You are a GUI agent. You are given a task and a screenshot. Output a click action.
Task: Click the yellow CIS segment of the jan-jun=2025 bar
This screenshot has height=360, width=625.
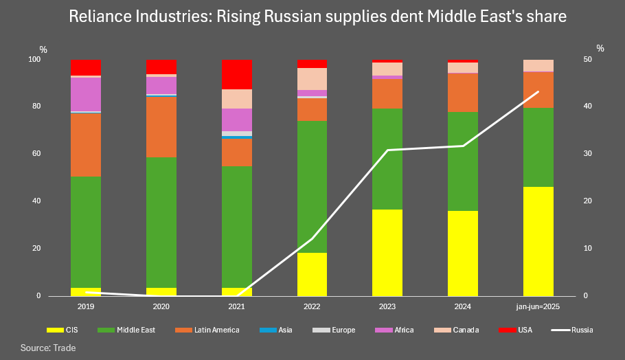click(x=538, y=241)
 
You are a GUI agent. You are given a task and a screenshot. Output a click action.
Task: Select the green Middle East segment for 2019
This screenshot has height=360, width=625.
click(x=86, y=232)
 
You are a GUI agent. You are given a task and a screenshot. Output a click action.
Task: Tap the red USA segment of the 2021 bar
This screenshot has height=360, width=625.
click(x=237, y=74)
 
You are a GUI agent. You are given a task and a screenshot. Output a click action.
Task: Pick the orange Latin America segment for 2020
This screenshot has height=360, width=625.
click(x=161, y=127)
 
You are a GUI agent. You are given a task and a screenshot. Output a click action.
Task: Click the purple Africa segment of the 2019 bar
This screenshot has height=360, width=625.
click(x=86, y=94)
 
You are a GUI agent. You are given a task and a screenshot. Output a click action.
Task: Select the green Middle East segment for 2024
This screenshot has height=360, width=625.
click(x=462, y=161)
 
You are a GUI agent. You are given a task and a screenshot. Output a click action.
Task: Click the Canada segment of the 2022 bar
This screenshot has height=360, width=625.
click(x=312, y=79)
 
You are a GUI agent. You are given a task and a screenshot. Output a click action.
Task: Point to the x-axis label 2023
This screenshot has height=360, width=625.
click(x=387, y=306)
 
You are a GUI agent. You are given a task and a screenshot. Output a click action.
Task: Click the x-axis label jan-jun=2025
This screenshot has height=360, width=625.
click(x=538, y=306)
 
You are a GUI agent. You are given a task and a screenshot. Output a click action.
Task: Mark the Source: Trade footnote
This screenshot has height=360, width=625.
click(x=48, y=348)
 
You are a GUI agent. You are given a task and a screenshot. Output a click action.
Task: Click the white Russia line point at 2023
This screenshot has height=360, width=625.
click(x=387, y=150)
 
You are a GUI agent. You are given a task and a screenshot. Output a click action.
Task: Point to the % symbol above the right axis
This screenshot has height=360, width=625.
click(x=600, y=48)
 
